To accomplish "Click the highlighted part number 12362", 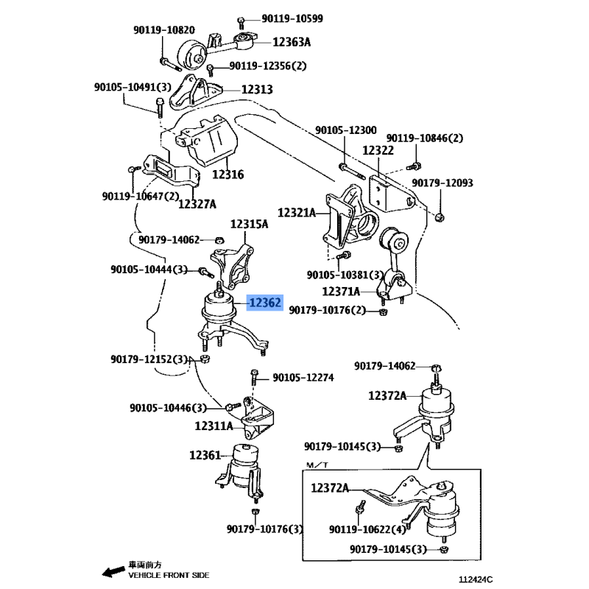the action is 265,303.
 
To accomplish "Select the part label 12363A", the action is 292,42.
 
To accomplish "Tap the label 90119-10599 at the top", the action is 292,18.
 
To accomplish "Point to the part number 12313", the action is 257,89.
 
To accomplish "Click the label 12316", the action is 228,174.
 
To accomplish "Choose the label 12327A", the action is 197,204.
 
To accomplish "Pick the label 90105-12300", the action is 345,130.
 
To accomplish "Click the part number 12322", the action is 378,150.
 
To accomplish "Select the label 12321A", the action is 297,213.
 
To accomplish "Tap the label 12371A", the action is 341,291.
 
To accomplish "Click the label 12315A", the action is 249,225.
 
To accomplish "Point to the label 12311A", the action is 214,426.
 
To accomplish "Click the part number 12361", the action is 205,455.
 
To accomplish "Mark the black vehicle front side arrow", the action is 113,572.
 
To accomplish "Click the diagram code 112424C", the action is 476,579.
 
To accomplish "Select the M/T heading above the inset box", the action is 317,465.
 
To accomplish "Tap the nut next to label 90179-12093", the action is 440,216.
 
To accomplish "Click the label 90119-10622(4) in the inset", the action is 367,529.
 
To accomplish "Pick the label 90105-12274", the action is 303,377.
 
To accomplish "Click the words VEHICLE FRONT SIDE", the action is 169,575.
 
